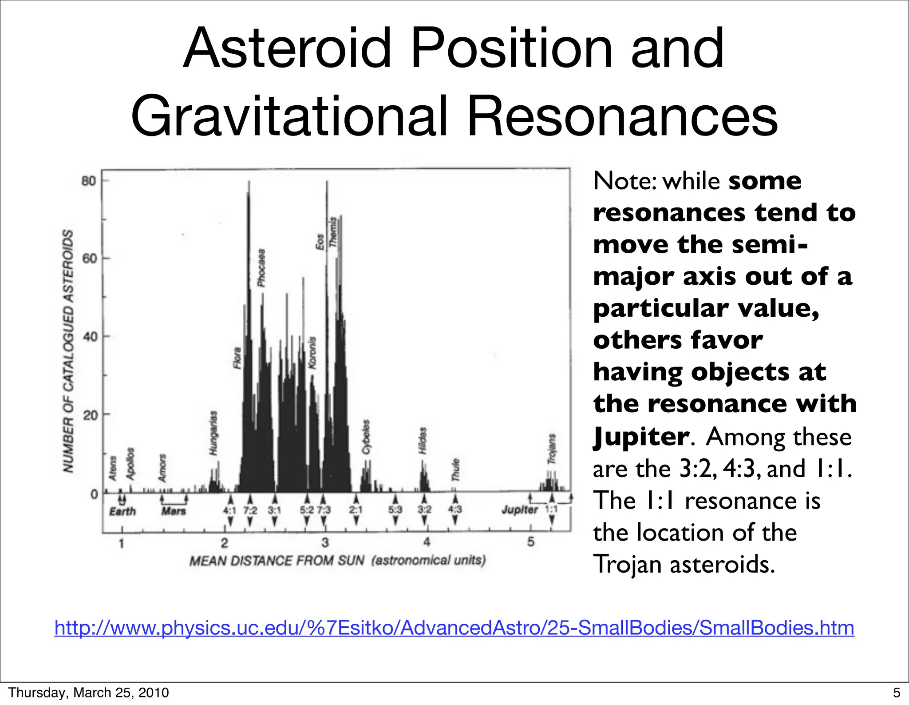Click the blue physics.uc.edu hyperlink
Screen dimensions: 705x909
point(454,628)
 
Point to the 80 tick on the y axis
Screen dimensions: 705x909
point(89,181)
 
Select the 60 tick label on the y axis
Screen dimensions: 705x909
point(89,259)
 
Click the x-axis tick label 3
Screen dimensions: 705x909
point(325,542)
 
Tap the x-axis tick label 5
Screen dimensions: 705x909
point(531,542)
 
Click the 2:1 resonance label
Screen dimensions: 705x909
point(356,510)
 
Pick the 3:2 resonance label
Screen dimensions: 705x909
point(424,510)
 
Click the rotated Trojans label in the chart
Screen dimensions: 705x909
point(552,449)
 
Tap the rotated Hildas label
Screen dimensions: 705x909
point(423,440)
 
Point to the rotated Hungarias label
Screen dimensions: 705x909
point(213,433)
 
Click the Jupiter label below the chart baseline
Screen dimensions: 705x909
point(519,510)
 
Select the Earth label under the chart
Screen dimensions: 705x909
point(123,511)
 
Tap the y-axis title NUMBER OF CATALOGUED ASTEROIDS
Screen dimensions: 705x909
point(68,351)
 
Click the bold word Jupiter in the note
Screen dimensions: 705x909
point(640,437)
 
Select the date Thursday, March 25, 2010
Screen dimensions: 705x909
point(88,693)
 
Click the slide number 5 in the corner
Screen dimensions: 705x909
point(897,693)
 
